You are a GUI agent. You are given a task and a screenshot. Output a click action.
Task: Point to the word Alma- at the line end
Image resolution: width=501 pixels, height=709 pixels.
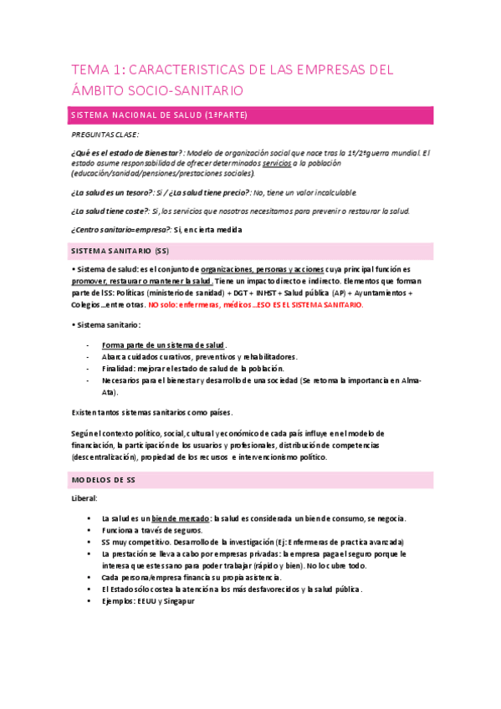410,380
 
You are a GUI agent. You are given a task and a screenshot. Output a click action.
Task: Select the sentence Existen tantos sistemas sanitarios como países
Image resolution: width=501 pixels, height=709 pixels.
151,412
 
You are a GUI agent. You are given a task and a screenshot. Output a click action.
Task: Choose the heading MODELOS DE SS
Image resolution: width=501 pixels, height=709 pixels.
104,479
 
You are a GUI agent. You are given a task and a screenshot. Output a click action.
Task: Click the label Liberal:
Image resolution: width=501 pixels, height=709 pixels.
84,498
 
